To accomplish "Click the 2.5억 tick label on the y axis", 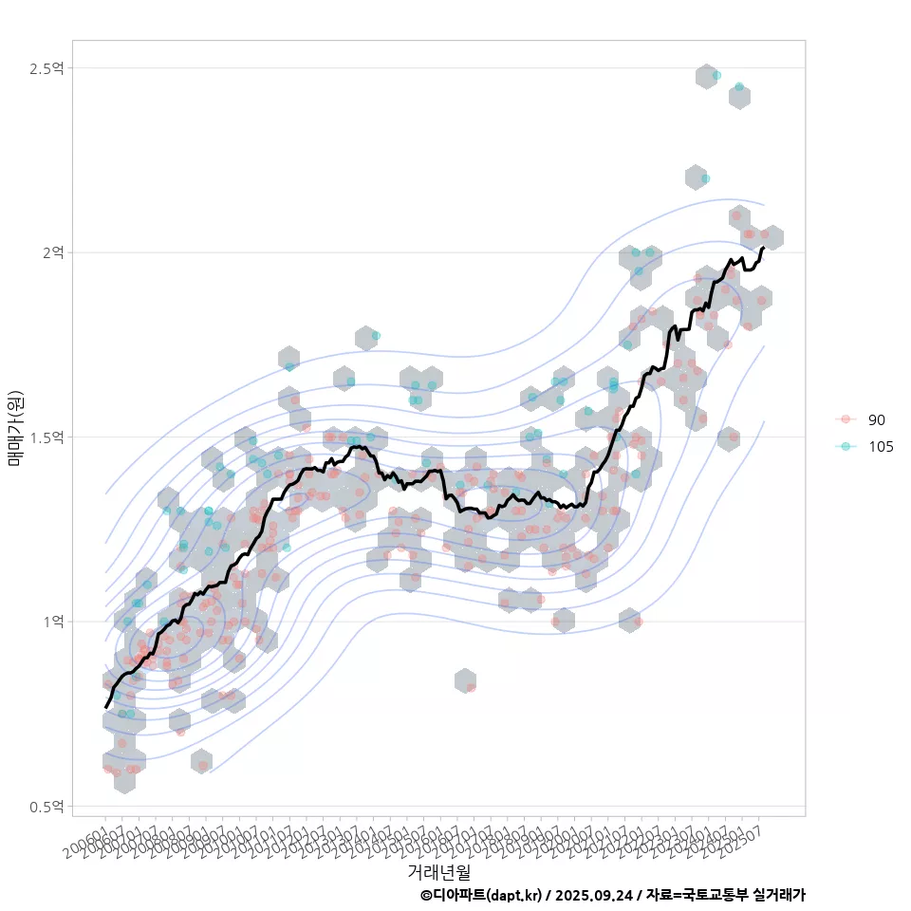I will tap(46, 68).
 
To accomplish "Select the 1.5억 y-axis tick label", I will tap(46, 437).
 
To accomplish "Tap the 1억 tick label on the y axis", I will tap(52, 622).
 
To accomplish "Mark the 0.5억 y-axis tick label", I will tap(46, 807).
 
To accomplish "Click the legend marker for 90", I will tap(846, 419).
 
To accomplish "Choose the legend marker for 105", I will tap(846, 447).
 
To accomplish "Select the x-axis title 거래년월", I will tap(438, 871).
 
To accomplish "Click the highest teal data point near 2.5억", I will tap(716, 75).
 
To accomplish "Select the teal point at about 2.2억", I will tap(705, 178).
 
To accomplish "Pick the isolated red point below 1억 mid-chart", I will tap(471, 687).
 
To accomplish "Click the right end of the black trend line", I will tap(763, 248).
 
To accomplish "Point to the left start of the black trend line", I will tap(106, 707).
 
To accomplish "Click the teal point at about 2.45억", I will tap(738, 86).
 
